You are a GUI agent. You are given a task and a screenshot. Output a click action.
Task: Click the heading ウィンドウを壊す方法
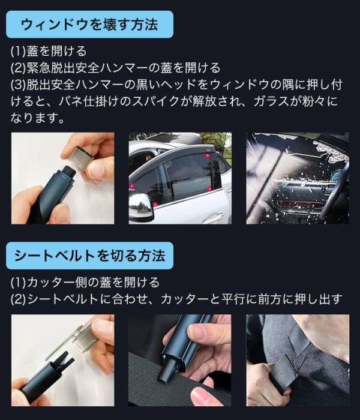(x=89, y=25)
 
